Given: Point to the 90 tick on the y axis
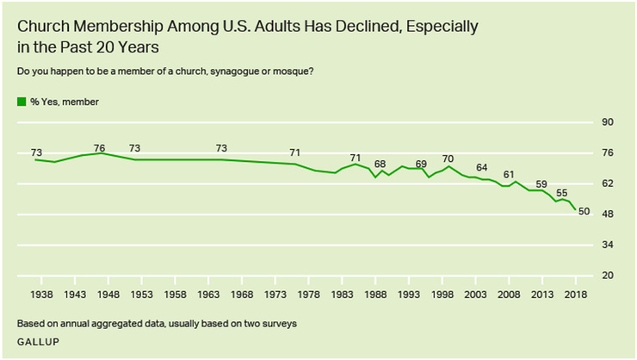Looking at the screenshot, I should coord(607,123).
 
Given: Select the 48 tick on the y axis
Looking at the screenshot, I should coord(607,214).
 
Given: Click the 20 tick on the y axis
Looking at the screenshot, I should coord(607,276).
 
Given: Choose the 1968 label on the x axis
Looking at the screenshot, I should coord(241,294).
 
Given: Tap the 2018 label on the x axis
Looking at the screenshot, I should coord(576,294).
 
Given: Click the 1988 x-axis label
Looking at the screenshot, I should coord(375,294).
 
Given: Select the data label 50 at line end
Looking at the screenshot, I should coord(583,212).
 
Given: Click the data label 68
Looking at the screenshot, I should coord(380,164).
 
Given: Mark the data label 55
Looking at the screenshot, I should coord(562,193).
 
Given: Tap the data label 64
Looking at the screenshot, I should coord(482,167).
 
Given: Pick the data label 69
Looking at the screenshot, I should coord(421,164).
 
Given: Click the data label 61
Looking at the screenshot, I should coord(509,175).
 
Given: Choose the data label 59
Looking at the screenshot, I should coord(541,183).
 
